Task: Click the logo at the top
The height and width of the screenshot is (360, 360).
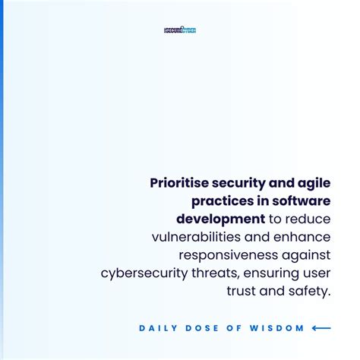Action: coord(180,30)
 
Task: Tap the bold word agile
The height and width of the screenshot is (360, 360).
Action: coord(312,183)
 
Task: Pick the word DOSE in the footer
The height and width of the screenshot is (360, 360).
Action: coord(199,328)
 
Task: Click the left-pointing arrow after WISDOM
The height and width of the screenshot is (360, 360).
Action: coord(321,328)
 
